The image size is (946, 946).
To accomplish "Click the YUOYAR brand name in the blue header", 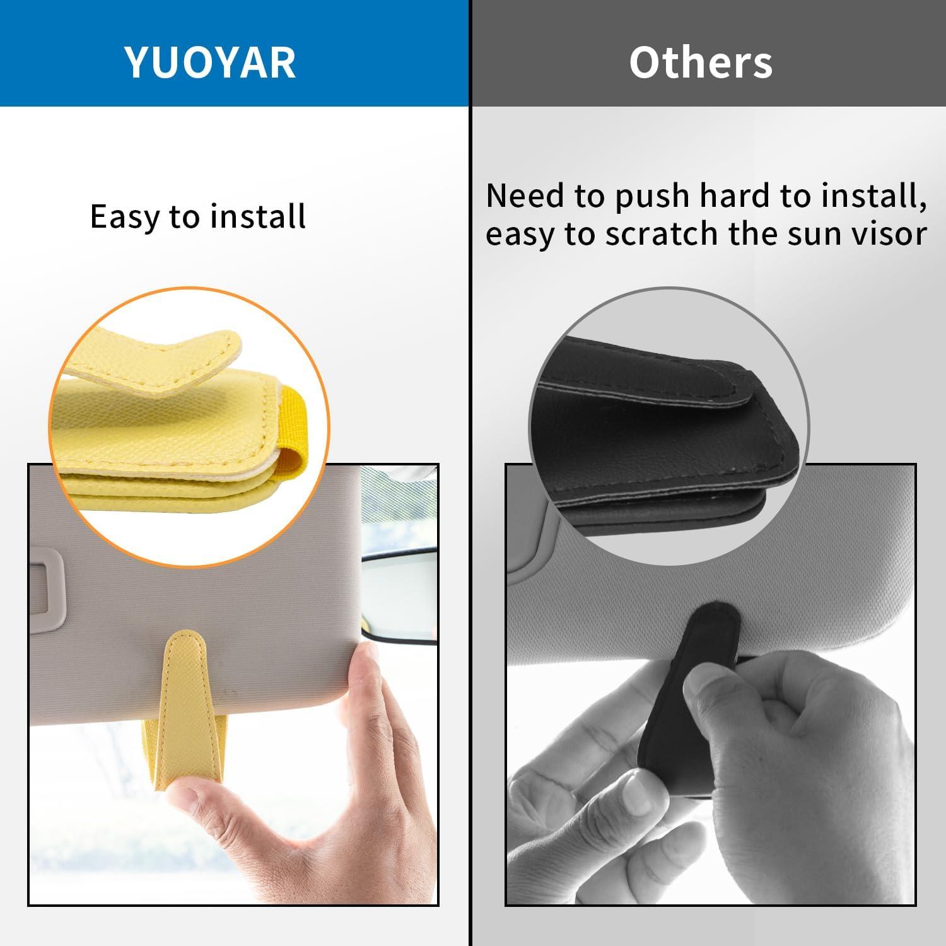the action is pos(211,62).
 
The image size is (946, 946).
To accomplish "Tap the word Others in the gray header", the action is pos(701,62).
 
